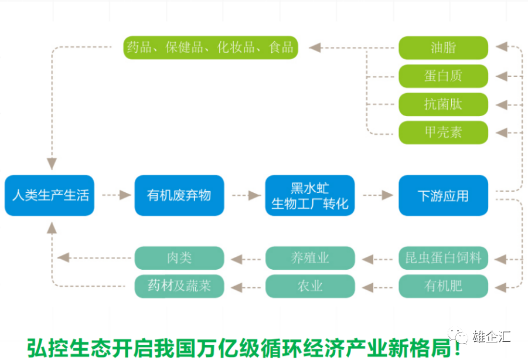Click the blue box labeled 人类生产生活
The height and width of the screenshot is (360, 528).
click(49, 195)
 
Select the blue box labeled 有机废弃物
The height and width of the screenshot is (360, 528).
click(179, 195)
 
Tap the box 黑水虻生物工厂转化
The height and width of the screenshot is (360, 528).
click(310, 195)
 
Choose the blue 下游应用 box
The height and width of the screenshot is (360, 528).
click(443, 195)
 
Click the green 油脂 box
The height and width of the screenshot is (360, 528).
click(443, 48)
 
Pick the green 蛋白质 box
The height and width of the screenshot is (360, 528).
click(443, 76)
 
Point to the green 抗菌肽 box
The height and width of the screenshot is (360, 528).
click(443, 104)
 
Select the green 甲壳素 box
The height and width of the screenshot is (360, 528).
click(443, 133)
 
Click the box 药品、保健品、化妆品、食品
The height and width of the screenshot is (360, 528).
click(211, 47)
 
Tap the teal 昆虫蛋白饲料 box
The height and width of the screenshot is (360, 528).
click(443, 258)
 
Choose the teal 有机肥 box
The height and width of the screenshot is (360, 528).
click(443, 286)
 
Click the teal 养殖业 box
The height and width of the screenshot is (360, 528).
click(310, 258)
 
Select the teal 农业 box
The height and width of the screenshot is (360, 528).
click(310, 286)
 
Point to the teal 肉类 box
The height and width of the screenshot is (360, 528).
click(179, 258)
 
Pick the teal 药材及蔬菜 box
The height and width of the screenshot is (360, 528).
click(179, 286)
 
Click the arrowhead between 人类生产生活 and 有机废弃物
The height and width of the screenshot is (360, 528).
click(125, 195)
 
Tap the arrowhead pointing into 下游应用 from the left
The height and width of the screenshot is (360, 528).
click(387, 195)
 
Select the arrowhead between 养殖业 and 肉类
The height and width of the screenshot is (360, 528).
click(237, 259)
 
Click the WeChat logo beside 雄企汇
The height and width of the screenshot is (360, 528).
click(458, 335)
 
